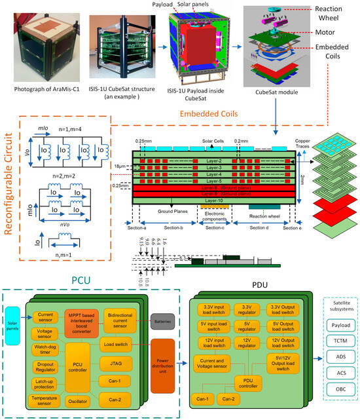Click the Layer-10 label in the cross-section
(210, 200)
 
